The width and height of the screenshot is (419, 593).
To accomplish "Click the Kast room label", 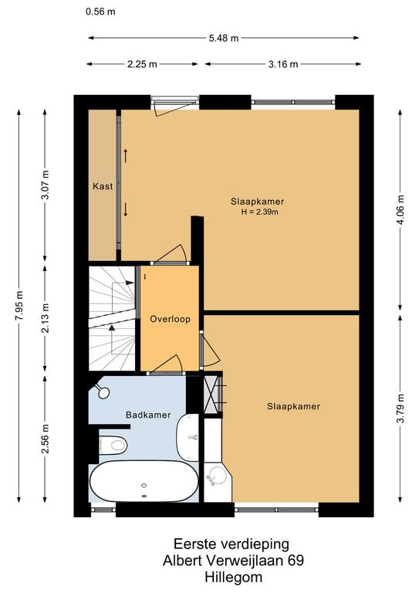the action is pyautogui.click(x=103, y=186).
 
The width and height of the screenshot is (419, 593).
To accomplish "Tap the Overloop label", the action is pyautogui.click(x=170, y=319).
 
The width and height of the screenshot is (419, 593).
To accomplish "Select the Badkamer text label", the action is pyautogui.click(x=148, y=415).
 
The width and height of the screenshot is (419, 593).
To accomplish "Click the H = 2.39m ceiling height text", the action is pyautogui.click(x=259, y=212).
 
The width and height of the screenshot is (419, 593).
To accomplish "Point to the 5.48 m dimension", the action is pyautogui.click(x=224, y=38).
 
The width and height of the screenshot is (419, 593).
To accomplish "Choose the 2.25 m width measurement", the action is pyautogui.click(x=142, y=64).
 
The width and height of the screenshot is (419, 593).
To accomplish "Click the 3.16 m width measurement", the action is pyautogui.click(x=283, y=64).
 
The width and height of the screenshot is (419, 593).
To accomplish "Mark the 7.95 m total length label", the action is pyautogui.click(x=19, y=306).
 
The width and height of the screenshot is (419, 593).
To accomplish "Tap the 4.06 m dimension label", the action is pyautogui.click(x=400, y=209).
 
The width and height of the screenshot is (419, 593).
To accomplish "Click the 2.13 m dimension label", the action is pyautogui.click(x=46, y=318).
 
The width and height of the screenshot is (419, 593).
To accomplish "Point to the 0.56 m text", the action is pyautogui.click(x=100, y=12).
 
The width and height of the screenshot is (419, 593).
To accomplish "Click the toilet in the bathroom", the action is pyautogui.click(x=113, y=445).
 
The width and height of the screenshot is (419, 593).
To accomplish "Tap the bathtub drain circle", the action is pyautogui.click(x=144, y=485).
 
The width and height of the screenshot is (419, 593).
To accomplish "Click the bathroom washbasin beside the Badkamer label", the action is pyautogui.click(x=188, y=437).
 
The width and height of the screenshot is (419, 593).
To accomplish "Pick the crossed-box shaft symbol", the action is pyautogui.click(x=212, y=393).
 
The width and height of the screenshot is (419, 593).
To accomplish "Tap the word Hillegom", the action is pyautogui.click(x=234, y=578).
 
